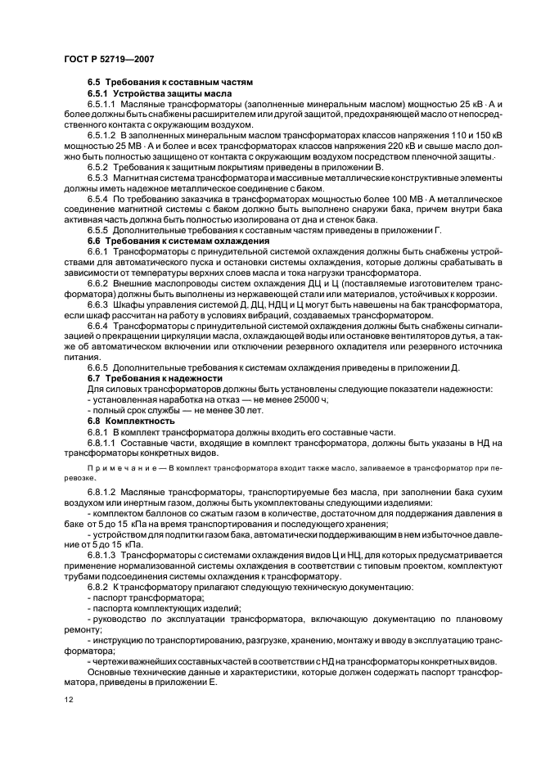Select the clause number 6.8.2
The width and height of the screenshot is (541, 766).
coord(97,587)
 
